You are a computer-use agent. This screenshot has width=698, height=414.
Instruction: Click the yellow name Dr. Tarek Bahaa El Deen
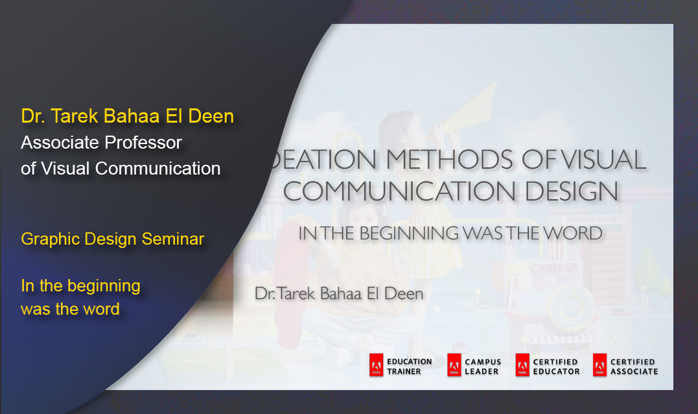pos(127,116)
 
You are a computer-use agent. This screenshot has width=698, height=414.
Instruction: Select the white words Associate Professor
pos(101,142)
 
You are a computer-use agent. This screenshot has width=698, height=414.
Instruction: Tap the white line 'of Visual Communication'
pos(121,168)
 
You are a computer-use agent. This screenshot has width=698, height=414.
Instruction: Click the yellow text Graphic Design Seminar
pos(112,239)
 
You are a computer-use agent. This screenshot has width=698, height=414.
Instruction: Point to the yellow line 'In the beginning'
pos(80,286)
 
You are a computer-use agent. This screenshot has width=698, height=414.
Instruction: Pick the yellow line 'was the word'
pos(70,309)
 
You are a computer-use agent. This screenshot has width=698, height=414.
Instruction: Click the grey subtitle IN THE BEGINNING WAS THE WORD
pos(450,234)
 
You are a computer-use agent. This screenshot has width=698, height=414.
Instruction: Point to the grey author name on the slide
pos(339,294)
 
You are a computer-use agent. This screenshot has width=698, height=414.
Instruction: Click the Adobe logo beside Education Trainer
pos(376,366)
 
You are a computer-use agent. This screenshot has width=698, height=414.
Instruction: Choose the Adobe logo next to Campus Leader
pos(454,366)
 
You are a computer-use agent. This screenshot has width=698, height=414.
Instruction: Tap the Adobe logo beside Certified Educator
pos(522,366)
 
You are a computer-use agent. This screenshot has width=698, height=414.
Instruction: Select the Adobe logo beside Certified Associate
pos(599,366)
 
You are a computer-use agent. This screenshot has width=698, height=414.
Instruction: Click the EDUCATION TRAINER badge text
pos(409,366)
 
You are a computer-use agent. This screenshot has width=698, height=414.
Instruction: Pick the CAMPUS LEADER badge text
pos(483,367)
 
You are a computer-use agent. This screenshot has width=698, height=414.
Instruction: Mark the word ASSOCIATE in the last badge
pos(634,371)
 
